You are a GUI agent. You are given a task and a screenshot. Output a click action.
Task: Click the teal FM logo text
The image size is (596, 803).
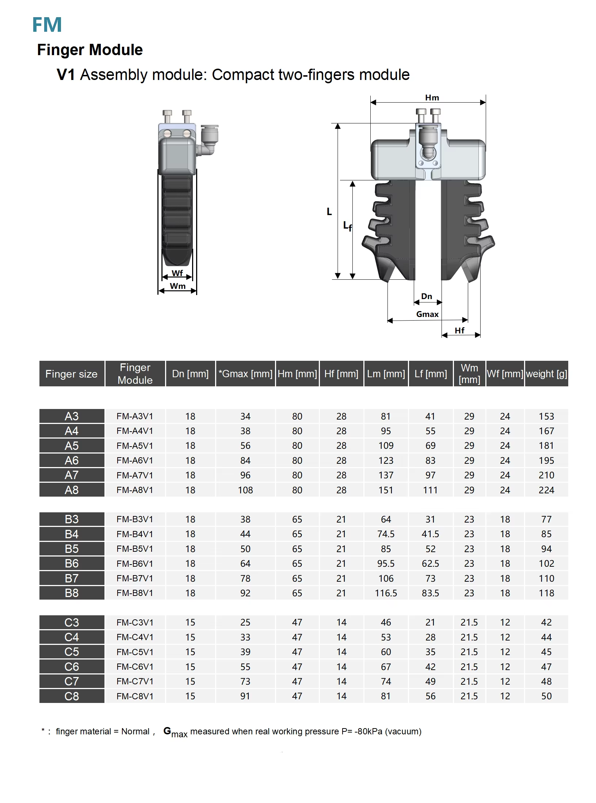47,25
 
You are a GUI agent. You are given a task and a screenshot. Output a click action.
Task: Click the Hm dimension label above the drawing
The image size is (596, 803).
432,98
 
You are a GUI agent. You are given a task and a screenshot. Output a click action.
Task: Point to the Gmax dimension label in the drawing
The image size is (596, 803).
427,314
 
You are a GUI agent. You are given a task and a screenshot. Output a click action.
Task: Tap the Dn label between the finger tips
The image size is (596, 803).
427,296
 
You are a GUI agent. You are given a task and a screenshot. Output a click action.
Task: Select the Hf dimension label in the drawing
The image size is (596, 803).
459,330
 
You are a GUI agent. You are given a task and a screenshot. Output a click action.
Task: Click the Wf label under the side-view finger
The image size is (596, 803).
177,273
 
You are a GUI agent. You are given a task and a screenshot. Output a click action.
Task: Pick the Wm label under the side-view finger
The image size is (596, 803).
178,286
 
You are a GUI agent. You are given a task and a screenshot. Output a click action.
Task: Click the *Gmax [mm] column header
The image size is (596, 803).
245,374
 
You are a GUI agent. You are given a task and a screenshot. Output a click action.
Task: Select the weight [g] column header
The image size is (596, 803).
546,374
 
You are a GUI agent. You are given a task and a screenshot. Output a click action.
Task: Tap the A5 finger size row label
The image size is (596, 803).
72,446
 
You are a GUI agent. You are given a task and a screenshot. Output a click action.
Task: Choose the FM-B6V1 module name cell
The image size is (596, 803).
135,563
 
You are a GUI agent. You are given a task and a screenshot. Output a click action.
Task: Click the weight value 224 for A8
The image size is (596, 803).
546,490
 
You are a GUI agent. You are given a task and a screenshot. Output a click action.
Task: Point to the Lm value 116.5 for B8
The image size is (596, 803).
386,593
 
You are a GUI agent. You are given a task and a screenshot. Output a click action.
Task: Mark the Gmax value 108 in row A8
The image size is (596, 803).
245,490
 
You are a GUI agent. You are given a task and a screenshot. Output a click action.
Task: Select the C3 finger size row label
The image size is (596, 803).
72,622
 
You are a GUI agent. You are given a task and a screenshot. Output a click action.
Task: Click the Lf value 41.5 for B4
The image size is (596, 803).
430,534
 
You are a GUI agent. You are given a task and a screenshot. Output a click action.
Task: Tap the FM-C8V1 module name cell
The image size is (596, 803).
135,696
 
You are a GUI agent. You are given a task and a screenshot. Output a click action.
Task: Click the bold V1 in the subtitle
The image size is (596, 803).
66,75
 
